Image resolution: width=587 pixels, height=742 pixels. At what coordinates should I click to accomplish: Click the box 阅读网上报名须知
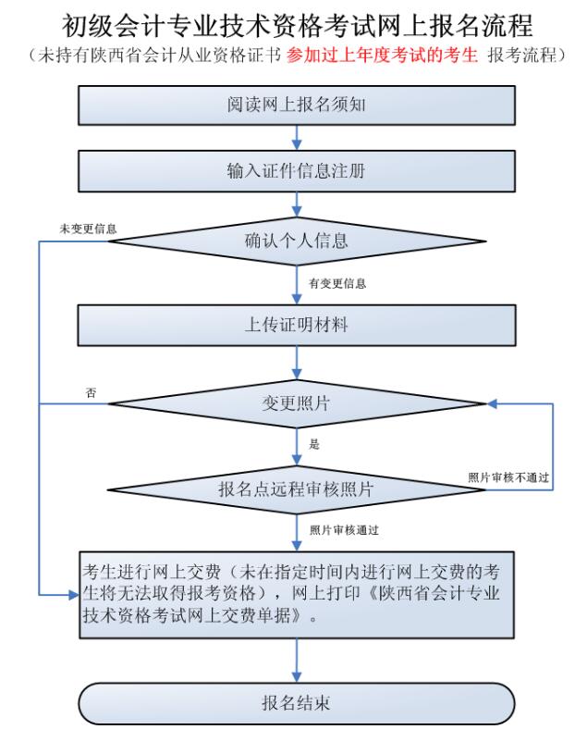point(296,105)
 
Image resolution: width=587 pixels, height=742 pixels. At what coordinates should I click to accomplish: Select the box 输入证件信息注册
point(296,172)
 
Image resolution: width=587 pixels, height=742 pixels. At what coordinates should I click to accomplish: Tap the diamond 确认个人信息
point(296,242)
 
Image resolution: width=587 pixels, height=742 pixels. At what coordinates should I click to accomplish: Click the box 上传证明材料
point(296,325)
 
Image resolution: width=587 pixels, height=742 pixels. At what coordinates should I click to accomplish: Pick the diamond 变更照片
point(296,402)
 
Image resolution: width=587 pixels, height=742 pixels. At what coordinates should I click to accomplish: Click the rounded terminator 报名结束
point(296,702)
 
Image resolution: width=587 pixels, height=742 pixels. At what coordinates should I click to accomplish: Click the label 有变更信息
point(337,284)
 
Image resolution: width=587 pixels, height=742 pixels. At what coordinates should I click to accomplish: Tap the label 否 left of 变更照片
point(91,393)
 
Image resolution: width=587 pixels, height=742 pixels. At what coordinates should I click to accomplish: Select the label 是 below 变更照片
point(313,445)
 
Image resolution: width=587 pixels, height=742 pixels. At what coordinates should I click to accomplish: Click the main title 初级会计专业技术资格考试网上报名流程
point(296,25)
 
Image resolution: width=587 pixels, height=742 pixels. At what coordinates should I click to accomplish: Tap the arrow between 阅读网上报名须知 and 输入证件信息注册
point(296,138)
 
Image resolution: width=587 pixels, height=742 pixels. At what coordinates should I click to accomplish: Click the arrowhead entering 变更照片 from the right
point(493,403)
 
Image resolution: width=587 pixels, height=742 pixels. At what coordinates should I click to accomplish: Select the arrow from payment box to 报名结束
point(296,659)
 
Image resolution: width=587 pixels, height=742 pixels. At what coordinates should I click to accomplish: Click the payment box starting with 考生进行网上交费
point(296,595)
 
